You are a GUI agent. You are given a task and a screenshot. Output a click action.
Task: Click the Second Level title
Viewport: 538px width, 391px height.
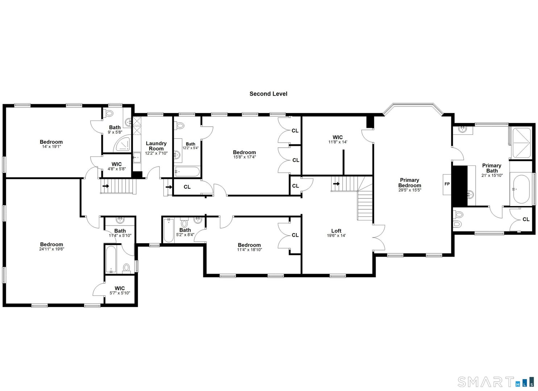click(268, 94)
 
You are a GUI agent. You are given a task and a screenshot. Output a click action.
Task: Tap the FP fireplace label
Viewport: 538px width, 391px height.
click(447, 184)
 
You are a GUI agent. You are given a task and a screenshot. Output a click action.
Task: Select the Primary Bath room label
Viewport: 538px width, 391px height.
click(492, 168)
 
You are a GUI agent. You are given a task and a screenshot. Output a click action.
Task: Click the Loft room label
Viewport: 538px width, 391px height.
click(336, 231)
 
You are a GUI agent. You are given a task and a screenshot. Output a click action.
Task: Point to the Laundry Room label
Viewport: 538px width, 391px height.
click(156, 146)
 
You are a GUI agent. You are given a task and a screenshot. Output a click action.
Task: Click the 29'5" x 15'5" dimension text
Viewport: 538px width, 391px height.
click(410, 190)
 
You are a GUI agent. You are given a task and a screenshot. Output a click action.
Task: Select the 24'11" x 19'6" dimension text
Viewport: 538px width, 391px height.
click(51, 249)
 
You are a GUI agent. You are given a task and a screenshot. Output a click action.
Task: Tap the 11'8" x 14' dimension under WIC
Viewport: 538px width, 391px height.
click(338, 142)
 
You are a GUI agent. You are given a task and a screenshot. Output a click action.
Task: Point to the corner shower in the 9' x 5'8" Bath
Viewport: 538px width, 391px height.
click(124, 144)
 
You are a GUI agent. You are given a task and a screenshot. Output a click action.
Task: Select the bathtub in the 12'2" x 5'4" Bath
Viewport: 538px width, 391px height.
click(187, 172)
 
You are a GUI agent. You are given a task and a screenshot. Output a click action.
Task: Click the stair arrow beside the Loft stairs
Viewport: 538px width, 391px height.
click(337, 184)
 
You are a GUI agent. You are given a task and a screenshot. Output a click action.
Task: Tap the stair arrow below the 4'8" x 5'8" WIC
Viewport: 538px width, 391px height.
click(106, 186)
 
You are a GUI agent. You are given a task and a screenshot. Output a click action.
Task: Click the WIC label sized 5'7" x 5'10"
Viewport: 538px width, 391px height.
click(120, 288)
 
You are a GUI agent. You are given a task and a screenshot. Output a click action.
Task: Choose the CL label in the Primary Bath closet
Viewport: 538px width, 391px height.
click(526, 219)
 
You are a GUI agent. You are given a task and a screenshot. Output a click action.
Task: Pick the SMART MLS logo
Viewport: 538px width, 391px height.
click(495, 382)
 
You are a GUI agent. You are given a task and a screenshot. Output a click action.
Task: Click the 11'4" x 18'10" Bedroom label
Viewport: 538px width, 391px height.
click(249, 245)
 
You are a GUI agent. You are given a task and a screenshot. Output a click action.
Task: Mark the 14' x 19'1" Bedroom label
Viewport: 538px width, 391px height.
click(51, 142)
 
